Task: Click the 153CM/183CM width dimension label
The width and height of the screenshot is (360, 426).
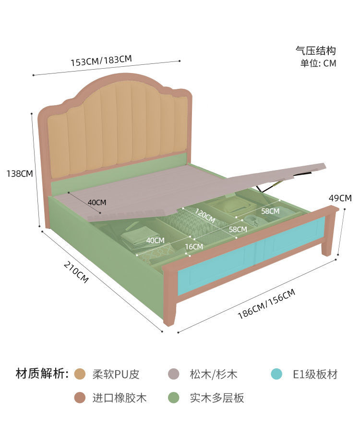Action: [x=101, y=61]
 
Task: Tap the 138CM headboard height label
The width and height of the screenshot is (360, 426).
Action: [x=20, y=173]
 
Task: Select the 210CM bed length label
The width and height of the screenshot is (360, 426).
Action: [x=76, y=272]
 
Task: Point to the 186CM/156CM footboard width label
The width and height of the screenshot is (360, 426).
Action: [x=266, y=304]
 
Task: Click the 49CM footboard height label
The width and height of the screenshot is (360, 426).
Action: [x=340, y=198]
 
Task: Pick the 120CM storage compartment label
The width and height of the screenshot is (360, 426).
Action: [x=205, y=216]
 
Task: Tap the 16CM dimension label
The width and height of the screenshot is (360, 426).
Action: [x=194, y=247]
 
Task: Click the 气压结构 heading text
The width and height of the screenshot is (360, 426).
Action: [x=315, y=50]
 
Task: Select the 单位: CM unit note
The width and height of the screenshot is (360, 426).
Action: [x=318, y=63]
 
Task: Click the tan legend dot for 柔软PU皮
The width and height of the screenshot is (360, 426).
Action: [x=80, y=374]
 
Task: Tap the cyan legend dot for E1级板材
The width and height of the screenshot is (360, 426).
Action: [x=276, y=374]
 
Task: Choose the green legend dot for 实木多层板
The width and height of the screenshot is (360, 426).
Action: [x=173, y=398]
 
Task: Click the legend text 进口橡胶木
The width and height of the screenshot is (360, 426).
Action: [x=119, y=398]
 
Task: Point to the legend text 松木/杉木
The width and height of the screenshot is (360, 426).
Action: [x=214, y=374]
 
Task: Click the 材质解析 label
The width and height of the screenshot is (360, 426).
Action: [x=42, y=374]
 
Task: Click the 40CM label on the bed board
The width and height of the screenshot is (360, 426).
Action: [x=97, y=202]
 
